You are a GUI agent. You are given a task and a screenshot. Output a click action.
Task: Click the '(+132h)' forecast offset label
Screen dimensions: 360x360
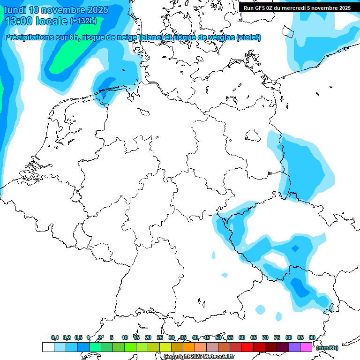click(83, 21)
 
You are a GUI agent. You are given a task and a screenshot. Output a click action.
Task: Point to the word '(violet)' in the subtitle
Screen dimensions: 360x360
click(249, 37)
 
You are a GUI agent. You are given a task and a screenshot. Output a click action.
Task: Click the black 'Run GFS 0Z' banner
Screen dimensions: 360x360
click(297, 8)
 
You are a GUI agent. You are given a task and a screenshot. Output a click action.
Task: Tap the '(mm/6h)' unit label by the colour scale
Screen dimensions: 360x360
click(327, 348)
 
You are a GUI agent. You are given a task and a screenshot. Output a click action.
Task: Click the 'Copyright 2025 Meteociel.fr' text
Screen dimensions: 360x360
click(199, 356)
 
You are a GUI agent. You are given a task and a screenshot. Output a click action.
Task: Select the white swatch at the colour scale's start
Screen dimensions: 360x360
click(48, 347)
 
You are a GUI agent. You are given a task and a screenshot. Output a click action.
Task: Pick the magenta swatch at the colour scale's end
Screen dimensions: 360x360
click(306, 347)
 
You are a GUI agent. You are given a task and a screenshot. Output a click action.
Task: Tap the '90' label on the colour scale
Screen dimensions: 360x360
click(312, 337)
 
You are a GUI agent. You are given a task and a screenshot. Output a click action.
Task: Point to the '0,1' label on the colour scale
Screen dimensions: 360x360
click(55, 337)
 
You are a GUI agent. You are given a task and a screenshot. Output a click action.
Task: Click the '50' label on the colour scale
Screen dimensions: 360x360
click(218, 337)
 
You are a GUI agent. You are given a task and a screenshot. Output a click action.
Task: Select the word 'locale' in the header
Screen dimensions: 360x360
click(52, 21)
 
